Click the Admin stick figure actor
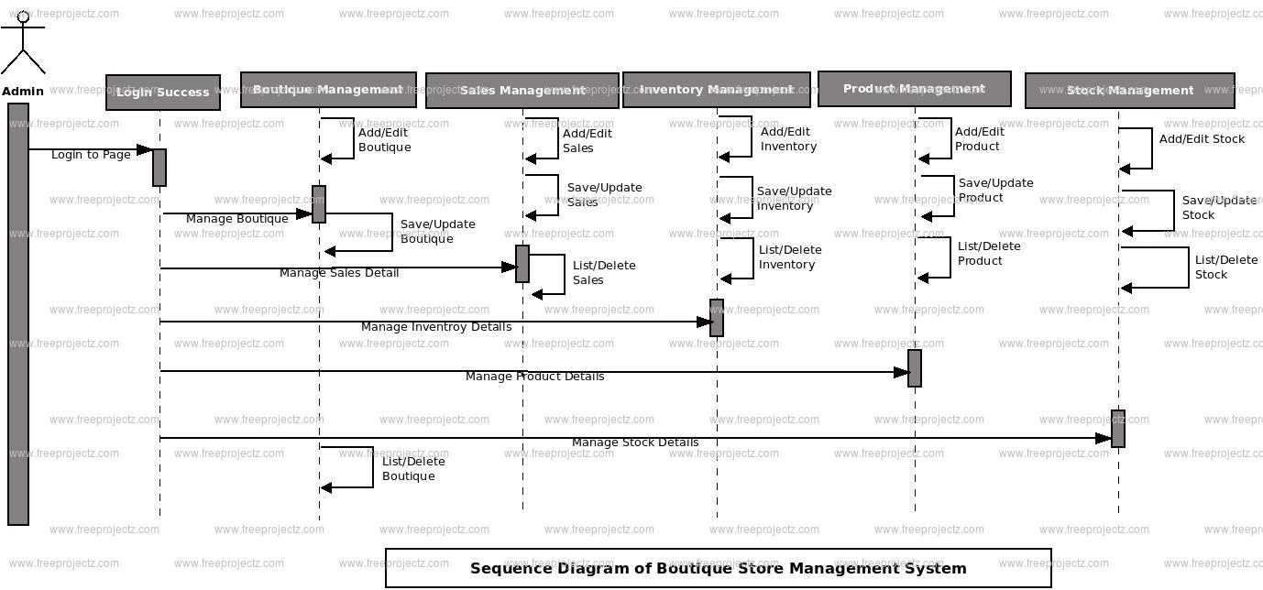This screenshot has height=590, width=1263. [23, 46]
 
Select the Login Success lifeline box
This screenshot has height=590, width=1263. [163, 93]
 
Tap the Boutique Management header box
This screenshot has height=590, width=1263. [328, 90]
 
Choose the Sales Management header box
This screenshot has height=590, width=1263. [522, 91]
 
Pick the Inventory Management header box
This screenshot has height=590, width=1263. [717, 90]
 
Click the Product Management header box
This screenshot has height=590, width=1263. [914, 89]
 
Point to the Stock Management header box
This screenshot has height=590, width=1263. [1129, 91]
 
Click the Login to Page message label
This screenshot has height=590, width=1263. [91, 155]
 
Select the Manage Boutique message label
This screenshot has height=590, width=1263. [236, 219]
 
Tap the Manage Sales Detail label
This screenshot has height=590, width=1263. [339, 273]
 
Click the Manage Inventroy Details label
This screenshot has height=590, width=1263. [436, 327]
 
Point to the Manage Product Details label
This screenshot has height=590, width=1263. [534, 377]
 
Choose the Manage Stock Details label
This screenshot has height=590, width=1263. [635, 442]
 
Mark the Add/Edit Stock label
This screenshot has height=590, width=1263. [1202, 139]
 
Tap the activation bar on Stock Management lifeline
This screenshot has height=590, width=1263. [1118, 429]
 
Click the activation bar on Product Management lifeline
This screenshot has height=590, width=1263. [915, 368]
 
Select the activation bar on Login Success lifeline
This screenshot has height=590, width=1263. [159, 168]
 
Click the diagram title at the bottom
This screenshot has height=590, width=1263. [718, 568]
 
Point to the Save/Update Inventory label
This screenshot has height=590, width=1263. [794, 199]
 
